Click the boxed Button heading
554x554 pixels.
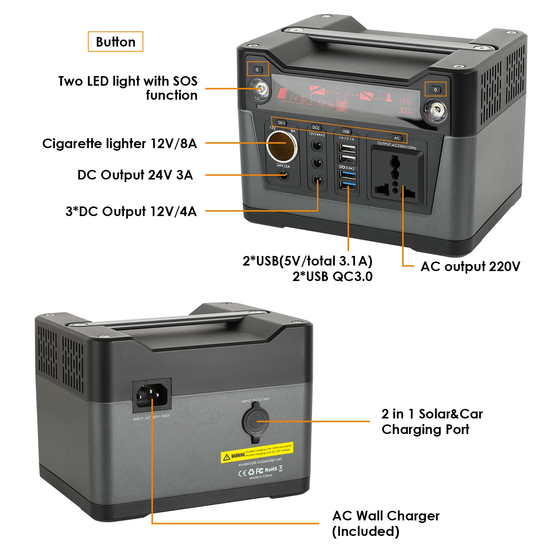tap(115, 42)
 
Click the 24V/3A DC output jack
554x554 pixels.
tap(283, 175)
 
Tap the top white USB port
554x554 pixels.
tap(347, 148)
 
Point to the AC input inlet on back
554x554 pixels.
tap(152, 394)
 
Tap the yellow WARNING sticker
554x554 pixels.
tap(257, 452)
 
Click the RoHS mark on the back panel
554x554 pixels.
tap(271, 469)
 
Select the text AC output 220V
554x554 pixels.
tap(470, 266)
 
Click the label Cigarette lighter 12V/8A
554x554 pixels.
tap(120, 143)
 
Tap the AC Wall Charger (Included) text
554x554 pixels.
tap(386, 523)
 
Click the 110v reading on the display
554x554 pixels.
tap(405, 100)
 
